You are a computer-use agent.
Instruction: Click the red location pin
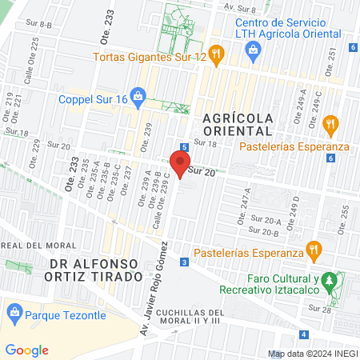tap(179, 163)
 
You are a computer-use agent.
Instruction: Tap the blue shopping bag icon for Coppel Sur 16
tap(139, 99)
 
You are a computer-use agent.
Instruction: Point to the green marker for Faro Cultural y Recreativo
tap(338, 281)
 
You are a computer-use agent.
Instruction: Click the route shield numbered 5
tap(184, 147)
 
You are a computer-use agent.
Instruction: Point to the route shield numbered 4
tap(303, 334)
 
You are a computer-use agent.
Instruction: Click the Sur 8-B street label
tap(38, 25)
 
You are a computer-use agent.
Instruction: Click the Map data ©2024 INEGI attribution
tap(312, 353)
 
